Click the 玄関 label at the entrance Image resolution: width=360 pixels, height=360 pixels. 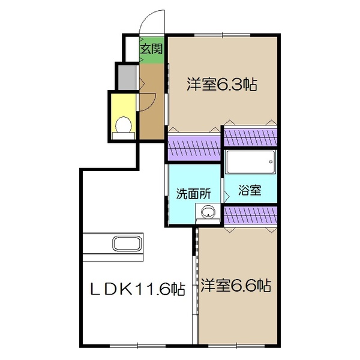(151, 49)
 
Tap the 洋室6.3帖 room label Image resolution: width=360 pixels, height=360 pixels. (221, 85)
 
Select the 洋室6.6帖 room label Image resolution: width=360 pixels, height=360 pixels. (235, 286)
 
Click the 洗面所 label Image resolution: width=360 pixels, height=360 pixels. (193, 194)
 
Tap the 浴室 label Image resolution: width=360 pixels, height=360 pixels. (250, 191)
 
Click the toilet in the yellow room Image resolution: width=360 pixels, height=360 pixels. (124, 125)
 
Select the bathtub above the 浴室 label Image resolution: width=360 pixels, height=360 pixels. (250, 162)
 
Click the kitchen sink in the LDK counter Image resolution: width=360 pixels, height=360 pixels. (127, 245)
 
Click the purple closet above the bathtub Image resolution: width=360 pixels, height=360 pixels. (250, 136)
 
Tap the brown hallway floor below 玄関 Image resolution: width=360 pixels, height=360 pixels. (151, 99)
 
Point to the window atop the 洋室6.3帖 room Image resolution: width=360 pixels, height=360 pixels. (222, 37)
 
